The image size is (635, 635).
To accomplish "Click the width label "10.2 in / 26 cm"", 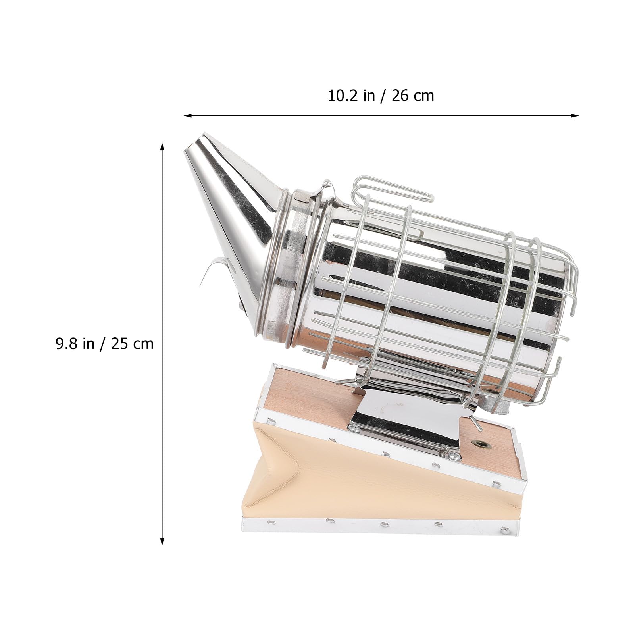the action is (381, 96).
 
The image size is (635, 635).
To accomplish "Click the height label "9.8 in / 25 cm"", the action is (104, 343).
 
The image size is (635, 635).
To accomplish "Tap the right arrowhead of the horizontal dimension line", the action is (574, 116).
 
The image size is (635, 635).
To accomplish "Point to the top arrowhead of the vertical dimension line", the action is (162, 148).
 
